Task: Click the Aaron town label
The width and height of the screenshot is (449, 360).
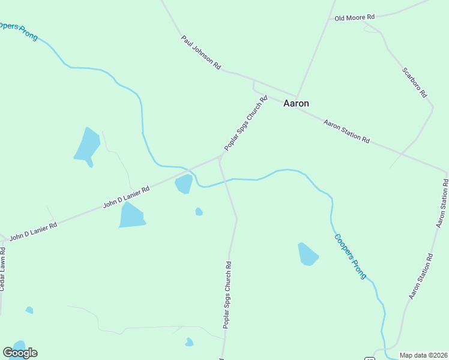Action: point(296,103)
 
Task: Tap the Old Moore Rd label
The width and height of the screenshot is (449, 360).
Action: point(355,18)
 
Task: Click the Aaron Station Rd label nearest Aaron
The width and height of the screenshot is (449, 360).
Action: point(346,131)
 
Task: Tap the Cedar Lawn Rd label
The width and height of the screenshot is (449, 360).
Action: point(3,272)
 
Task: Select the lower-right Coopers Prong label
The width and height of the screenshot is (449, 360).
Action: point(350,256)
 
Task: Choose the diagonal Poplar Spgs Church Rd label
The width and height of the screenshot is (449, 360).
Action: point(246,123)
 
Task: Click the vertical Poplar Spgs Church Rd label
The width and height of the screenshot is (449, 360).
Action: point(228,295)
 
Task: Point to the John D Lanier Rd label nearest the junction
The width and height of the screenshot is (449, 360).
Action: point(126,196)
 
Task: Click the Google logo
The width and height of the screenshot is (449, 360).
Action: point(20,352)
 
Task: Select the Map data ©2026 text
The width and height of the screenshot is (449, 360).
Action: point(423,355)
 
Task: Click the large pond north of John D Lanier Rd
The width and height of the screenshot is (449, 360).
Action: point(86,145)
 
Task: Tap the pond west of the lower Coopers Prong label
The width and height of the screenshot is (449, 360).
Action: point(308,254)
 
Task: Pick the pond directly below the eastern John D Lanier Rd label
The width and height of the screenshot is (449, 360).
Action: point(132,215)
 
